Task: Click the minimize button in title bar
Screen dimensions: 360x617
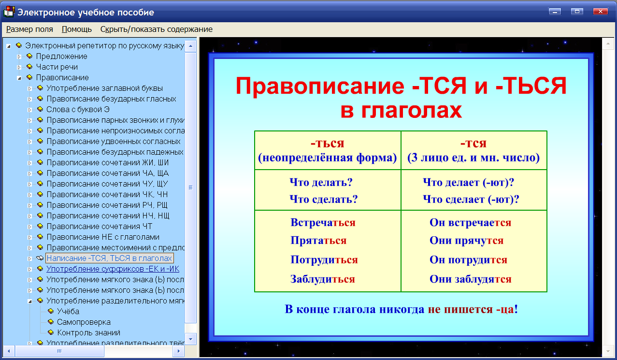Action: [555, 11]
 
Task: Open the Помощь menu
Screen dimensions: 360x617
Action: [77, 29]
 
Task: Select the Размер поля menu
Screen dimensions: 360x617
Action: [29, 29]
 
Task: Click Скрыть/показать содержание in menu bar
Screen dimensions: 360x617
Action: [156, 29]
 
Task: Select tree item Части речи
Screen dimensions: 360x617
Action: [57, 67]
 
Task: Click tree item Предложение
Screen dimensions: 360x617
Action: [61, 56]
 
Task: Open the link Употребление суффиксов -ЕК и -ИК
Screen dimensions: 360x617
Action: [113, 269]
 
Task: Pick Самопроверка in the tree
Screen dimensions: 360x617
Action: [84, 322]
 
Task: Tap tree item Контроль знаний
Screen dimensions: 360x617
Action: [88, 332]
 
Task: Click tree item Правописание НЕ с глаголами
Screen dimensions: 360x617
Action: [103, 237]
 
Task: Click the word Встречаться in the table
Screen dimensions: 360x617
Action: [323, 223]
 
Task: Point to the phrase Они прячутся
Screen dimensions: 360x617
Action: [466, 241]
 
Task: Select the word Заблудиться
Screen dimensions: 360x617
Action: [322, 279]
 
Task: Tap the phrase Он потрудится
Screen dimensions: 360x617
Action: [468, 260]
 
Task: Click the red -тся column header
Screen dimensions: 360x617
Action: [473, 143]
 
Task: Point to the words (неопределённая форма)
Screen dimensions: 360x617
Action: [327, 158]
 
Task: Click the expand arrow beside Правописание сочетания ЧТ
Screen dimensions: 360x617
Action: [29, 226]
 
